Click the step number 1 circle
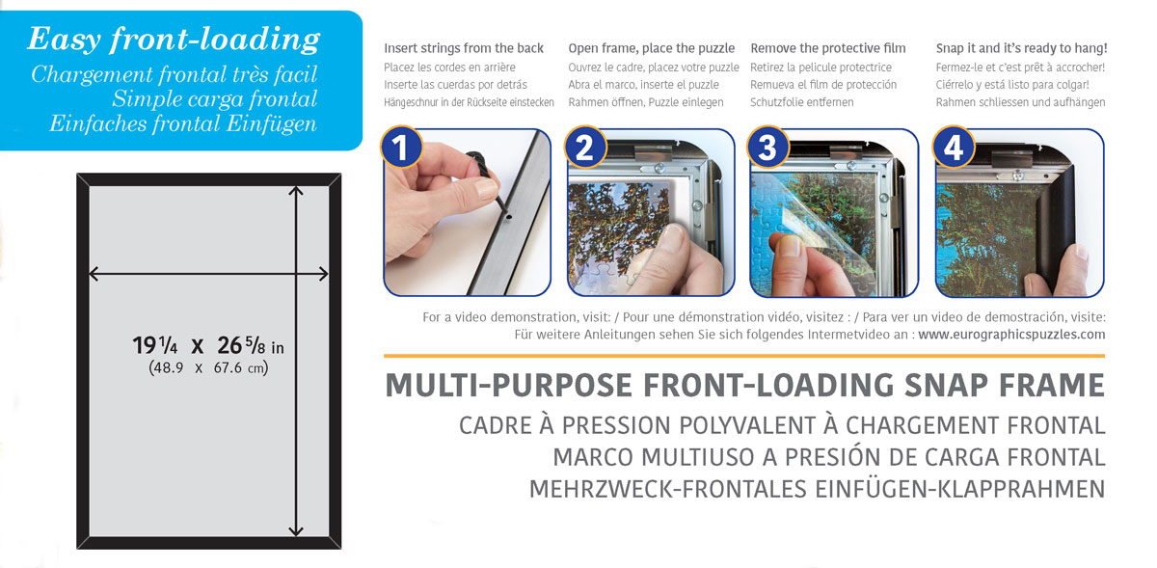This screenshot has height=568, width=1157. pos(400,149)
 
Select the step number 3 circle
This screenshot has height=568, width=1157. pos(767,149)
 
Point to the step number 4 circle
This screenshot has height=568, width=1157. pos(953,149)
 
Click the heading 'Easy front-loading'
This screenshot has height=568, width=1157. pos(173,40)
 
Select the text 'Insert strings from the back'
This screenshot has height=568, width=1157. pos(463,48)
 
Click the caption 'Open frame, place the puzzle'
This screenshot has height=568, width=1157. pos(651,48)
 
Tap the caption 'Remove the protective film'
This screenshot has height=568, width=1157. pos(827,48)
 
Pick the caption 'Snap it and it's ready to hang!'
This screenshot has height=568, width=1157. pos(1021,48)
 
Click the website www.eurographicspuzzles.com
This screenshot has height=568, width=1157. pos(1011,335)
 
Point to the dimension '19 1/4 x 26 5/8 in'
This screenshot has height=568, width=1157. pos(207,346)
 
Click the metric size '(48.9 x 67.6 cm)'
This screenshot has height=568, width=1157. pos(207,367)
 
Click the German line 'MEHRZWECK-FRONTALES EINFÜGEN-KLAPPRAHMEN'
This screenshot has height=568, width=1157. pos(817,489)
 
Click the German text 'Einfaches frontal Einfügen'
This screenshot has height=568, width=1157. pos(183,123)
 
